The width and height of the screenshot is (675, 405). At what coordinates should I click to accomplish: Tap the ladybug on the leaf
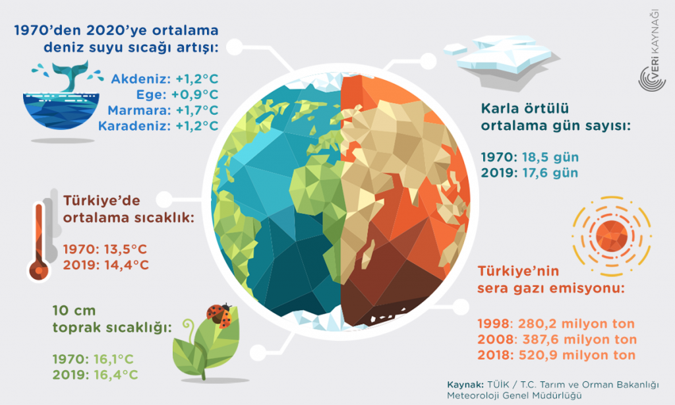220,315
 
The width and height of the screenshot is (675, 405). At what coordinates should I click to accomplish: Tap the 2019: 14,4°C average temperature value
106,265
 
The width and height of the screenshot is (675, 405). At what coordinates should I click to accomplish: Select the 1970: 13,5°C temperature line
106,250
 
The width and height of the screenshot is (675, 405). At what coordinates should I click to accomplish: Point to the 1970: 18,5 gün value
529,158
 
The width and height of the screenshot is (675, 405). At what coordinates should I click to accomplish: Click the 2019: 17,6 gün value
529,173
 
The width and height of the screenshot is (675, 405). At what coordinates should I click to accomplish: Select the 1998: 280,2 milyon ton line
555,324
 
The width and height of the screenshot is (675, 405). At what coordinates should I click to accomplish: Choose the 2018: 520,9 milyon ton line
556,355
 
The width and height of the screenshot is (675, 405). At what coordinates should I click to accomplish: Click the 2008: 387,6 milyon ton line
556,340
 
